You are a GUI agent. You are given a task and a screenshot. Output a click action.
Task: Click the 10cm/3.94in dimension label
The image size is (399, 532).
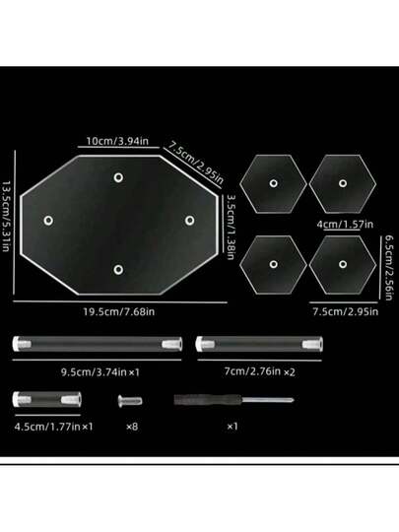117,141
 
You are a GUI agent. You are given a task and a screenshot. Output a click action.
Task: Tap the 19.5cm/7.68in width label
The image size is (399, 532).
119,311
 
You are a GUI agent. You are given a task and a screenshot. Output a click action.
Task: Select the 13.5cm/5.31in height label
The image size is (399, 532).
6,217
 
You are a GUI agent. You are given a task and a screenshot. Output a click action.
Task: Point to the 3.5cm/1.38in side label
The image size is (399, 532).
232,227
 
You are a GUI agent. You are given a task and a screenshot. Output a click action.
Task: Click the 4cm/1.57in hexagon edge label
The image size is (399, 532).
345,225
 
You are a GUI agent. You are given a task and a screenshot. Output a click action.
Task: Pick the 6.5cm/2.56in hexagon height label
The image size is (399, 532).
389,268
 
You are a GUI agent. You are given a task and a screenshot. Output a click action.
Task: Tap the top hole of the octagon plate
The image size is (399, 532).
118,177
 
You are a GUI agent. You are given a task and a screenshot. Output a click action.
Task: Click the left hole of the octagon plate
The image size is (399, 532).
48,221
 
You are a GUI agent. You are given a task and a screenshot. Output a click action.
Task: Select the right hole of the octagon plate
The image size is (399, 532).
190,221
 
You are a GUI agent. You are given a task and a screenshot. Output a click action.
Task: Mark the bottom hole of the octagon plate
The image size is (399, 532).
118,270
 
